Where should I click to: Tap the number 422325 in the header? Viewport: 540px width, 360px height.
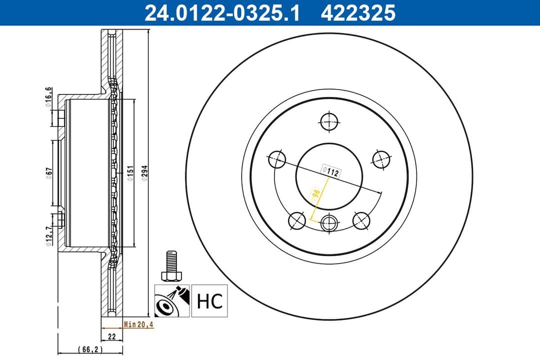358,13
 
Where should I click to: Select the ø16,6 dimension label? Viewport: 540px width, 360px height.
48,97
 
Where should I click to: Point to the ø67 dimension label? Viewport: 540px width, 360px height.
48,172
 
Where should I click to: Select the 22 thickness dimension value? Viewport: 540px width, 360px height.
112,336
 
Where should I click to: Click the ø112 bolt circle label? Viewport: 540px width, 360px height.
330,171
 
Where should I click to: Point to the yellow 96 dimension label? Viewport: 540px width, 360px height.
316,194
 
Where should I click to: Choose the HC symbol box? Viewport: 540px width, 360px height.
209,301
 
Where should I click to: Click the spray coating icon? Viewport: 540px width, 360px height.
172,301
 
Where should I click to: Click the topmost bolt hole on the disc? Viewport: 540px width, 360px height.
328,121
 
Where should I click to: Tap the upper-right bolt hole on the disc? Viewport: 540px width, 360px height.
381,158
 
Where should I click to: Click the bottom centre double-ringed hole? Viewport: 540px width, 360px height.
329,223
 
